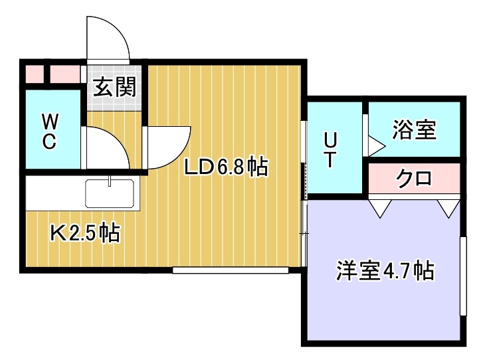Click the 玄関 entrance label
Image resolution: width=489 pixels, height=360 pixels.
point(115,87)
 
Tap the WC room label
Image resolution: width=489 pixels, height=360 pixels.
point(50,132)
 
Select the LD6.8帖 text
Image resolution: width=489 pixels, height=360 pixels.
point(226,167)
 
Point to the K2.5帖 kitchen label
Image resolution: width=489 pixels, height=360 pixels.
point(85,233)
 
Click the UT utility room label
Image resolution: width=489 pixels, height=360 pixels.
point(330,150)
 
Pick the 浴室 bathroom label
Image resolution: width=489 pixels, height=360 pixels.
point(414,130)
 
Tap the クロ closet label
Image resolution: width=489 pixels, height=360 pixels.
point(414,179)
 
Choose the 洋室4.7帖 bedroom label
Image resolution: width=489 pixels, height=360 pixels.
point(385,271)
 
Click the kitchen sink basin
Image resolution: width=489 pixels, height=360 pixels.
point(110,193)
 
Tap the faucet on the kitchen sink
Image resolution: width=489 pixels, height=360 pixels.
point(110,181)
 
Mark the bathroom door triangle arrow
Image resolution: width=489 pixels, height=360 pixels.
point(377,146)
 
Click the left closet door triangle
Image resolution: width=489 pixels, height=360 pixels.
point(380,208)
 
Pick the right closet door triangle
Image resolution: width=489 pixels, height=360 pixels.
point(448,208)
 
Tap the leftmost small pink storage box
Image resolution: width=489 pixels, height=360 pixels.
point(35,74)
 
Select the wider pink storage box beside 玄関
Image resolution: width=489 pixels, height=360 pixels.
point(65,74)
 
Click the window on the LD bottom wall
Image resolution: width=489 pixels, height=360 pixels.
point(231,270)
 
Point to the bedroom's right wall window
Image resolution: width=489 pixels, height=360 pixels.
point(464,276)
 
